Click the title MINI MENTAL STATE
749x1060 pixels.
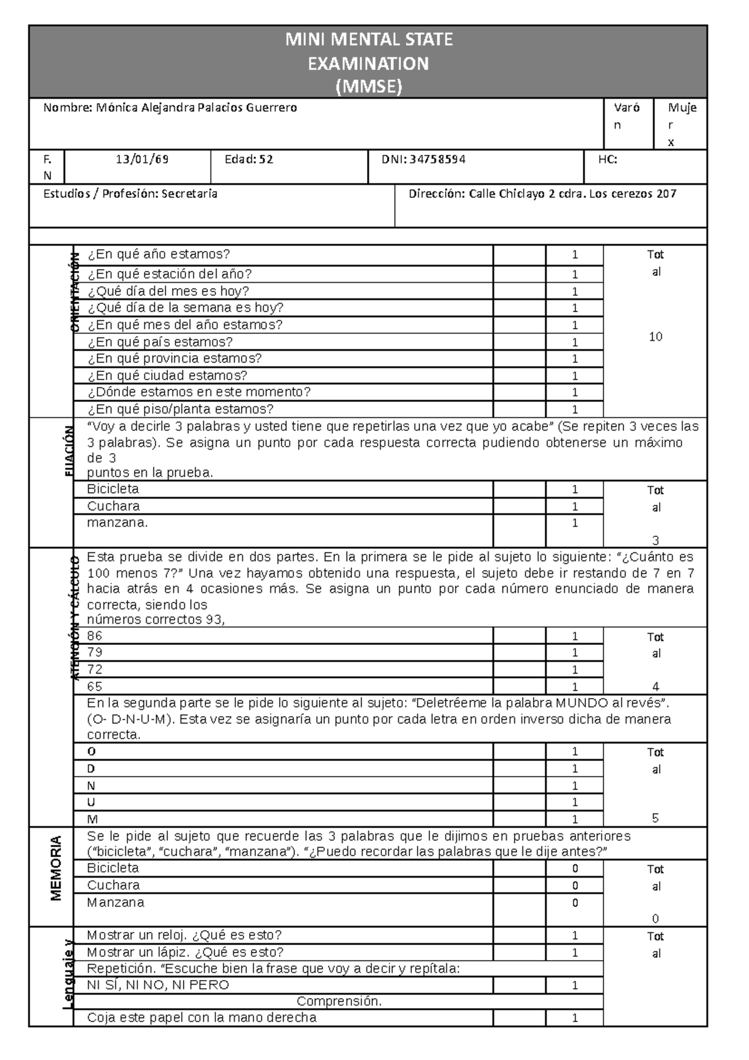(368, 40)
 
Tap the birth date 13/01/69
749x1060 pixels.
(142, 160)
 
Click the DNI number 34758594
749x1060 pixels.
(437, 160)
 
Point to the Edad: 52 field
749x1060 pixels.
(248, 160)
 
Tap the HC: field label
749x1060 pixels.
(607, 160)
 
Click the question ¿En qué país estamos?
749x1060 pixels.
(160, 342)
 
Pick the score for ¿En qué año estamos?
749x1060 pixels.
(574, 255)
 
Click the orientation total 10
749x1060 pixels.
(655, 337)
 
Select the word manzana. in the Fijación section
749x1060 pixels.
(117, 523)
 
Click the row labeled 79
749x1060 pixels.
(95, 652)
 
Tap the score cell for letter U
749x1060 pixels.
(574, 802)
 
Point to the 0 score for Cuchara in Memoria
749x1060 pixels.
(574, 886)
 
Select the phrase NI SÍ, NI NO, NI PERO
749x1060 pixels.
(158, 985)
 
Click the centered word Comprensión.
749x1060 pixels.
(339, 1001)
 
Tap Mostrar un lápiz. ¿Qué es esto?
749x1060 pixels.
(185, 953)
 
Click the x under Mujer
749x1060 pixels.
(671, 142)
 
